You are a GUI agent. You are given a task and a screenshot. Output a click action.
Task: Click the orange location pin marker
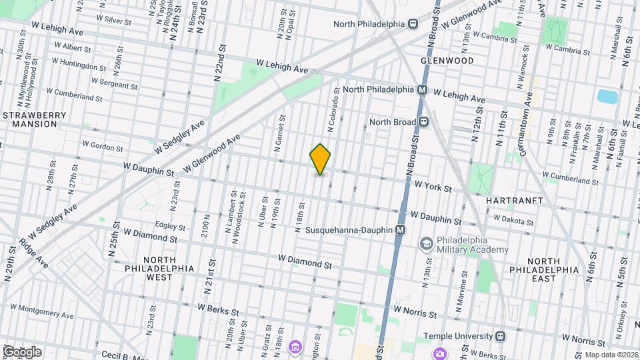[321, 159]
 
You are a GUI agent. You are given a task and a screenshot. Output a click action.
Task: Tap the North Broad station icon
[423, 122]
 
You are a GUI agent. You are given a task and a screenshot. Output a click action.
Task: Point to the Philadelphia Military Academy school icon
[424, 245]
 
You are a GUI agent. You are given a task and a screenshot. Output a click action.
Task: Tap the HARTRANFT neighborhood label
[515, 200]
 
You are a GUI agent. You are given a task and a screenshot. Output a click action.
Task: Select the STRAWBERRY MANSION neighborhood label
[34, 119]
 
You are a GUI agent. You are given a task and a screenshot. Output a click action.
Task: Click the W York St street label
[433, 189]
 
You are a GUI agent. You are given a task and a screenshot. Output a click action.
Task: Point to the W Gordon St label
[103, 145]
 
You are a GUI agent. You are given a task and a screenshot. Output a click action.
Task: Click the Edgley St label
[169, 225]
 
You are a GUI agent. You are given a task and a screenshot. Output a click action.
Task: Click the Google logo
[21, 352]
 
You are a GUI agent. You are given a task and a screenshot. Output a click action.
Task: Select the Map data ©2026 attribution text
[610, 355]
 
